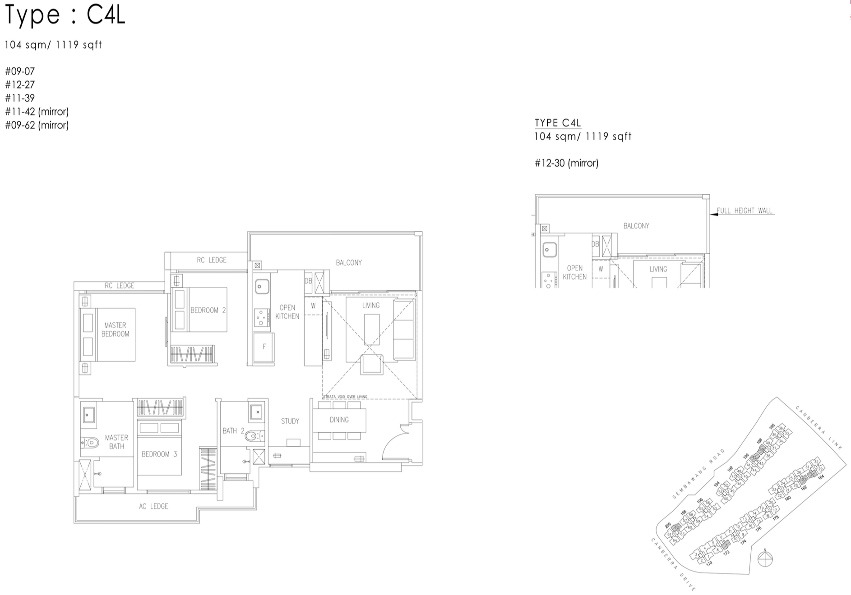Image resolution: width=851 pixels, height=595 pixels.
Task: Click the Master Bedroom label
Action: click(115, 330)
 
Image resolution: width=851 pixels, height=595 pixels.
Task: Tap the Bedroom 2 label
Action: click(208, 310)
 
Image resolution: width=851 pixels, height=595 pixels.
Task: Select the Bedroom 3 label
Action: click(159, 454)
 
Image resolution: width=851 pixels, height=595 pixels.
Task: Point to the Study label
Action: click(290, 421)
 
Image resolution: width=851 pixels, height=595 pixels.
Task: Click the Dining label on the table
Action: click(339, 420)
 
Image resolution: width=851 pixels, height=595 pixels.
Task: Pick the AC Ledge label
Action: click(153, 506)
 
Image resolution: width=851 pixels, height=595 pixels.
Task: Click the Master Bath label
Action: click(116, 442)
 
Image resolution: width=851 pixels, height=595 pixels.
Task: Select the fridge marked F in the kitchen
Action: click(264, 347)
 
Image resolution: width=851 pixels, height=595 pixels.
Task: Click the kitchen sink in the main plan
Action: click(262, 286)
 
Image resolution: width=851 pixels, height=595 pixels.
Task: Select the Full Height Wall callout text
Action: click(745, 211)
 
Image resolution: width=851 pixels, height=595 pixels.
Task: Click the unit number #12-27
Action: click(20, 85)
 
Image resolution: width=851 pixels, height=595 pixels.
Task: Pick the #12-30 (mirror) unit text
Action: click(566, 163)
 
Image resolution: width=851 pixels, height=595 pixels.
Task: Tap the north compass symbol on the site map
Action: click(765, 559)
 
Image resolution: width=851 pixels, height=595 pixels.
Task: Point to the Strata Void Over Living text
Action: click(345, 397)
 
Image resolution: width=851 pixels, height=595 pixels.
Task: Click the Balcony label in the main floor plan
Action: click(349, 262)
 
